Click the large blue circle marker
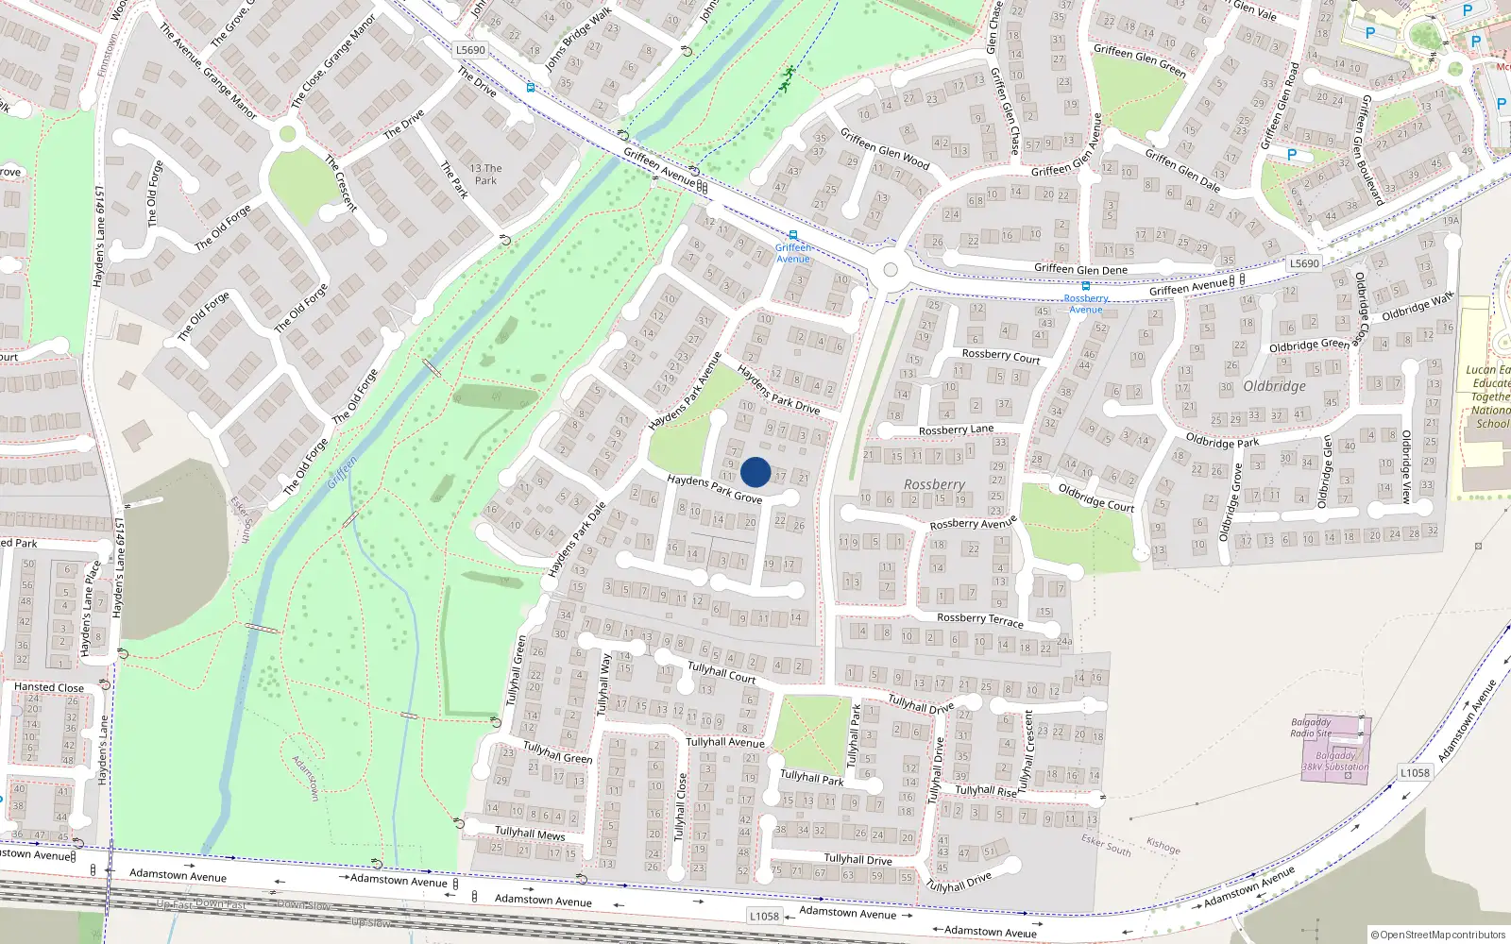coord(755,472)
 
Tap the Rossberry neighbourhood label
coord(934,484)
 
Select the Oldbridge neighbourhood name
coord(1274,386)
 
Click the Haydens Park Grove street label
coord(714,489)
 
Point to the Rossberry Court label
coord(1000,356)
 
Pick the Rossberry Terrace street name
coord(979,619)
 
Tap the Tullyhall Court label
coord(721,672)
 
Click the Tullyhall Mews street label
coord(530,833)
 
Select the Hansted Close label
coord(48,687)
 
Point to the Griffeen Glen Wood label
coord(885,149)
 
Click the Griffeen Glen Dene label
coord(1080,269)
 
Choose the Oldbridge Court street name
coord(1095,497)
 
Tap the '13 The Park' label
coord(485,175)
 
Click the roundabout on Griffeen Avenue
coord(890,271)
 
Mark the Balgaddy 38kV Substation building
coord(1334,750)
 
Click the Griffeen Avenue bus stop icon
coord(792,235)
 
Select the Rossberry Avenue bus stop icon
coord(1085,286)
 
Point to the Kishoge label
coord(1163,846)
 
